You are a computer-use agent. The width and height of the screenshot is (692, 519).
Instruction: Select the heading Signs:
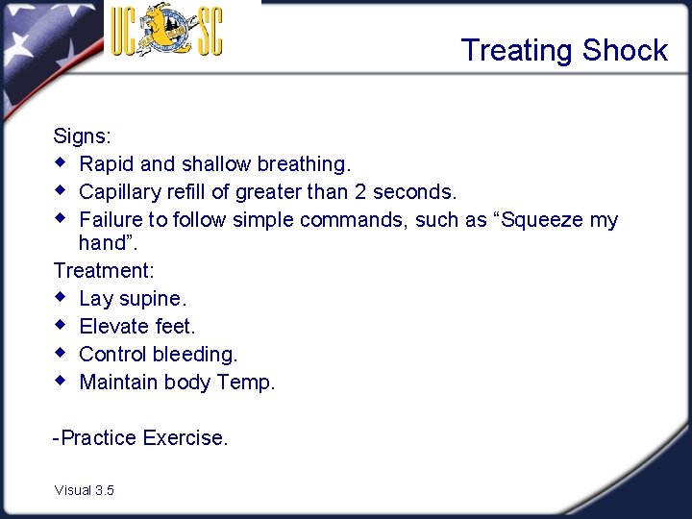click(83, 136)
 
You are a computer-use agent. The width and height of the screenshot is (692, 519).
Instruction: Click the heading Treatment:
click(104, 271)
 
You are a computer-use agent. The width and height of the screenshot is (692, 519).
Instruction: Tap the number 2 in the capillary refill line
click(361, 191)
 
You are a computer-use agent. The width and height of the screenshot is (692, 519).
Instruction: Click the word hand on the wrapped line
click(101, 243)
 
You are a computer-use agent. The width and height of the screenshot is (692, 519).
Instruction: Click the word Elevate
click(114, 327)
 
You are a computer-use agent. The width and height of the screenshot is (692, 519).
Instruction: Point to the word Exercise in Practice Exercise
click(185, 438)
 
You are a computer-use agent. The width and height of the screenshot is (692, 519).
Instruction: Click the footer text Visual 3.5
click(85, 490)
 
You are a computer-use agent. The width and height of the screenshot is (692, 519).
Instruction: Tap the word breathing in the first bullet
click(304, 164)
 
